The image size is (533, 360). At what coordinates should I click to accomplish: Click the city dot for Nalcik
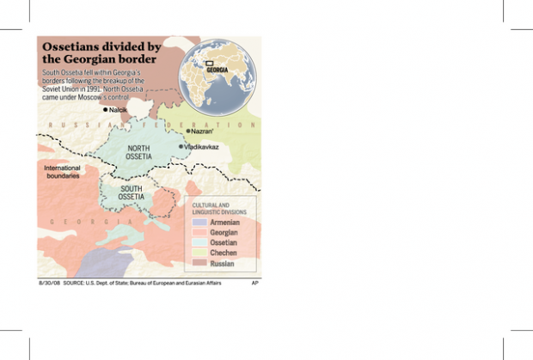105,110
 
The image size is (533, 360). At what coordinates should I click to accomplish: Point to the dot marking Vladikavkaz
181,147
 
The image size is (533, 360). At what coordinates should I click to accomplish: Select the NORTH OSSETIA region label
138,153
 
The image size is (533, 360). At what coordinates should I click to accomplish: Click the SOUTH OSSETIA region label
132,192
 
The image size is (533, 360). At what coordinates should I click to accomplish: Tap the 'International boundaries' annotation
62,171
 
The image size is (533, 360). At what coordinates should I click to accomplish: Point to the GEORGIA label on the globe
217,69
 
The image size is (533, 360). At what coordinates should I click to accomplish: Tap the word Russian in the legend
223,263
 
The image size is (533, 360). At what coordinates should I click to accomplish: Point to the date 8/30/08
49,282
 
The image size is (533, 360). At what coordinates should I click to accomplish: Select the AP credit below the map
255,282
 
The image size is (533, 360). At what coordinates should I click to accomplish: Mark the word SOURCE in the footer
75,282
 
